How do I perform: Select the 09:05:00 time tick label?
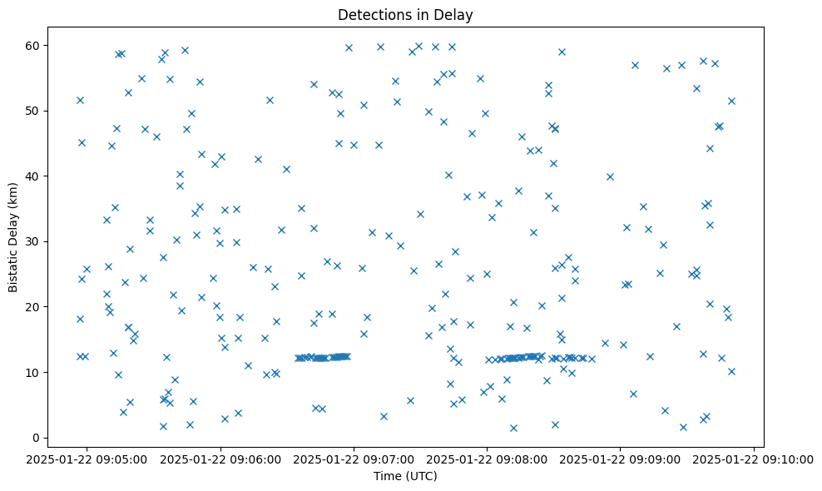click(88, 459)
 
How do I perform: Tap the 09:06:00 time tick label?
click(221, 459)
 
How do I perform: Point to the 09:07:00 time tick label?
click(354, 459)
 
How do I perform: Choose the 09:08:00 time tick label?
click(488, 459)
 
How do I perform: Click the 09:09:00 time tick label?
click(621, 459)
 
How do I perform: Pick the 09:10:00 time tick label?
click(754, 459)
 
